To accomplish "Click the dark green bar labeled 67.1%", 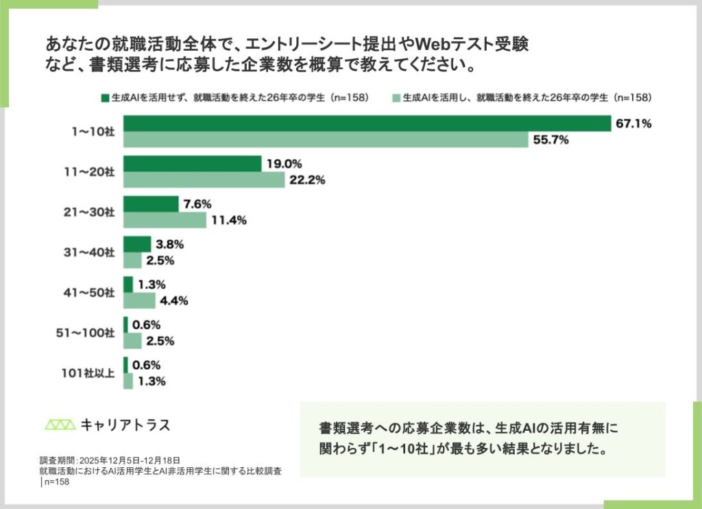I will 367,123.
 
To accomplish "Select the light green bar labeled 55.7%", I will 326,140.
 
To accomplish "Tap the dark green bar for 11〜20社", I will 192,164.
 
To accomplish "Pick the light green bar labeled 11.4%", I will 165,220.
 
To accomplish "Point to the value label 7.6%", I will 198,204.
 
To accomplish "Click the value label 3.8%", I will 170,244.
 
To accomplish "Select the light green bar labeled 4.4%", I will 139,300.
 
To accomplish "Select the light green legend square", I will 396,97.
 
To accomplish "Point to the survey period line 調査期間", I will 110,460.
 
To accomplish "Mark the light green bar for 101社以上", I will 128,381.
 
